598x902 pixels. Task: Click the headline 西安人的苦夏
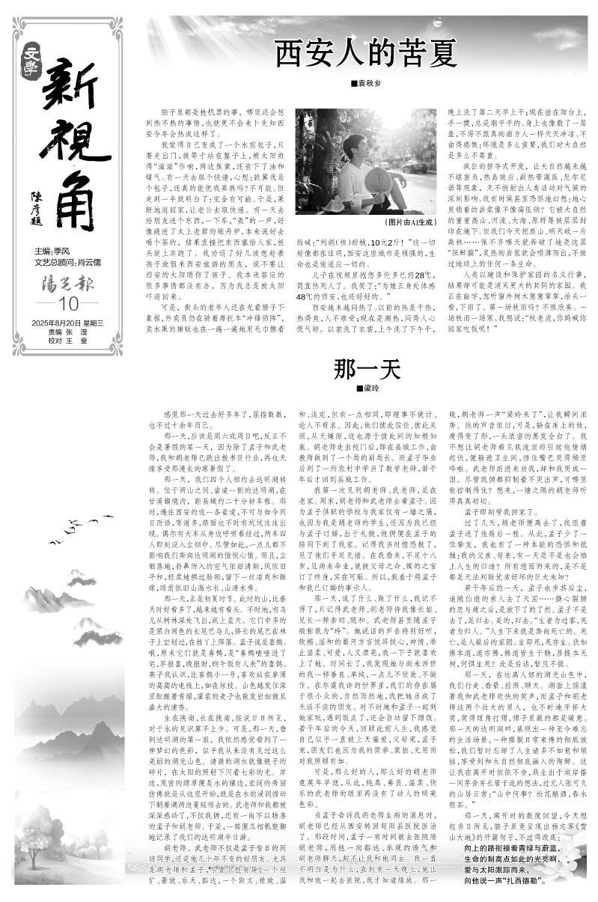click(x=365, y=54)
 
